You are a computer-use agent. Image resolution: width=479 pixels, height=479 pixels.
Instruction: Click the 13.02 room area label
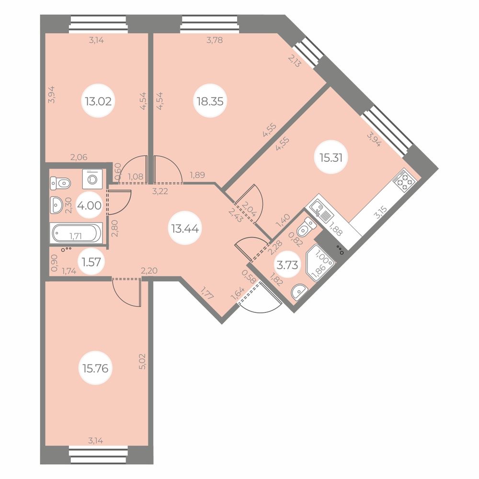coord(98,101)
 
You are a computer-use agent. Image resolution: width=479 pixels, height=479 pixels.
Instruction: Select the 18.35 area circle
coord(210,101)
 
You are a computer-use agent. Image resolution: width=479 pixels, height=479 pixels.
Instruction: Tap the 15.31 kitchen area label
coord(331,158)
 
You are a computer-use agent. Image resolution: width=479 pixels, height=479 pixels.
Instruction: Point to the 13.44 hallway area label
coord(185,228)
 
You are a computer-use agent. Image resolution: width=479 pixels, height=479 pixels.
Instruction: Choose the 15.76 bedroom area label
coord(95,368)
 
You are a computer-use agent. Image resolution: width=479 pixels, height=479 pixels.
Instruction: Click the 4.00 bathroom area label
coord(89,205)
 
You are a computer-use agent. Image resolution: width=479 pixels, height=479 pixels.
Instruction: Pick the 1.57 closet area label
coord(91,262)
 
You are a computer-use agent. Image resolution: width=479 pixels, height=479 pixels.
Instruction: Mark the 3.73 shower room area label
coord(287,265)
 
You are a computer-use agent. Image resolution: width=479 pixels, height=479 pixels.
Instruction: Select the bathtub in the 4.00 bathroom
coord(77,234)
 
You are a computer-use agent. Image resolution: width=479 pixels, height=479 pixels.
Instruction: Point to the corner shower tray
coord(320,263)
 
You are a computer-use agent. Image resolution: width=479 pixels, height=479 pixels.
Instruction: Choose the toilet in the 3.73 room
coord(306,228)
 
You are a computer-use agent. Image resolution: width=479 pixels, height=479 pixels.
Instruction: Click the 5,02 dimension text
coord(142,361)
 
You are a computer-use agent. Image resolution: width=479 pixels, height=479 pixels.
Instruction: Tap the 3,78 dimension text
coord(215,40)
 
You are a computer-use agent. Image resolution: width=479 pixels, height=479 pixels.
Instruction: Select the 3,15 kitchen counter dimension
coord(381,213)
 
